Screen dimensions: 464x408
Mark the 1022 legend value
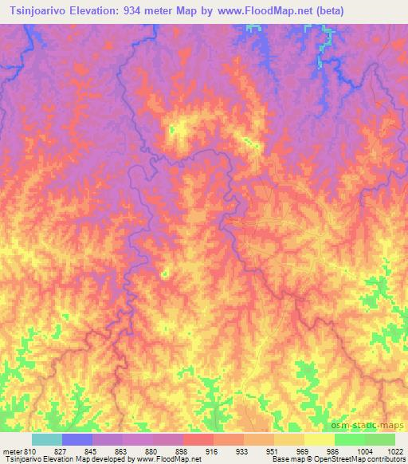tap(394, 450)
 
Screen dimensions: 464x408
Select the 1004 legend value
tap(365, 450)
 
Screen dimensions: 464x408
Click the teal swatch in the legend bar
tap(47, 439)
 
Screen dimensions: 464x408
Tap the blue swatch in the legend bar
tap(77, 439)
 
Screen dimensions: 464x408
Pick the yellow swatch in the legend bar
tap(319, 439)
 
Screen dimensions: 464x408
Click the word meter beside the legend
tap(13, 450)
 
